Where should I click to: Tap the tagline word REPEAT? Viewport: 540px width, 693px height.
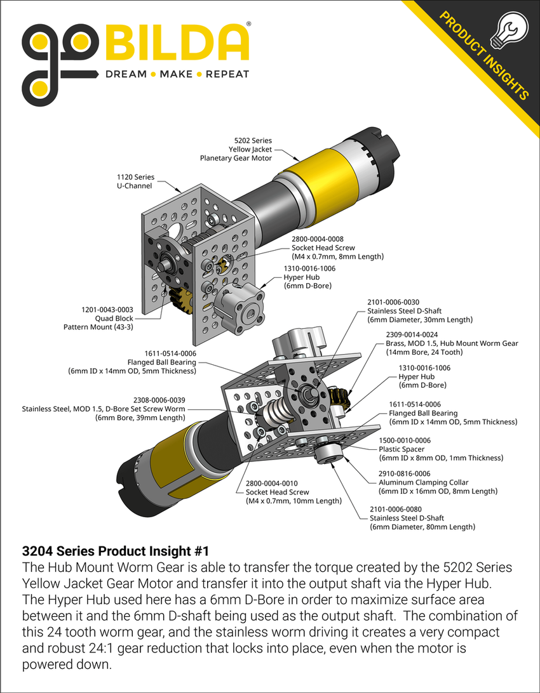tap(227, 74)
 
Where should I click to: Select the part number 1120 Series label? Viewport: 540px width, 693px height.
tap(135, 177)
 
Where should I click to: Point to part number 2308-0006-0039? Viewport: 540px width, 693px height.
tap(159, 400)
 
